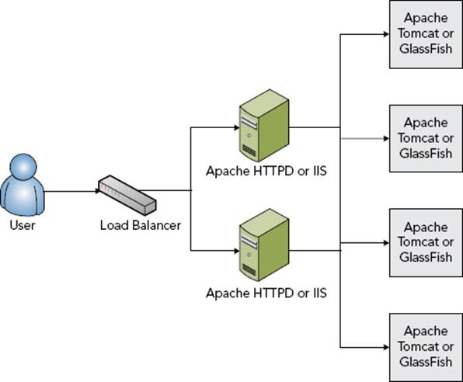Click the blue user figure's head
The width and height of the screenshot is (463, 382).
pyautogui.click(x=23, y=168)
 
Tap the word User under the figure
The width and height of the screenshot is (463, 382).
pyautogui.click(x=23, y=225)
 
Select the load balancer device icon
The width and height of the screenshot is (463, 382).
pyautogui.click(x=127, y=195)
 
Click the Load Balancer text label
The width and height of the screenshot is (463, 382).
pyautogui.click(x=141, y=225)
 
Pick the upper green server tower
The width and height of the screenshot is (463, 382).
pyautogui.click(x=264, y=126)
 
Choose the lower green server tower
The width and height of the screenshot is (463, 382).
pyautogui.click(x=264, y=245)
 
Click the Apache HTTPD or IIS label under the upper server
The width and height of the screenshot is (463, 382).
pyautogui.click(x=266, y=172)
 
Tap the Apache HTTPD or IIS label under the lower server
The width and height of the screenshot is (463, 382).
pyautogui.click(x=266, y=293)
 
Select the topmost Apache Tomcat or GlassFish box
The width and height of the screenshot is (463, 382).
pyautogui.click(x=426, y=34)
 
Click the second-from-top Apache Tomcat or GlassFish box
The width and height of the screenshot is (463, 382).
pyautogui.click(x=426, y=138)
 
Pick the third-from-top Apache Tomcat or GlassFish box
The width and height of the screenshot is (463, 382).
pyautogui.click(x=426, y=243)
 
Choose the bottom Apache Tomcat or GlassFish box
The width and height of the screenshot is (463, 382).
pyautogui.click(x=426, y=348)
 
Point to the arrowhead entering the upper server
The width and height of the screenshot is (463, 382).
pyautogui.click(x=236, y=127)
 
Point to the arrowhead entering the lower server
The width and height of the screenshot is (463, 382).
pyautogui.click(x=236, y=251)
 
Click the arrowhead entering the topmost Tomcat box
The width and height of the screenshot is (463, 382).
pyautogui.click(x=386, y=34)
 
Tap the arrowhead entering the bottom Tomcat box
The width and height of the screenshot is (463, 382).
pyautogui.click(x=386, y=348)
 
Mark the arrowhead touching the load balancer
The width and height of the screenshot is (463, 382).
pyautogui.click(x=98, y=191)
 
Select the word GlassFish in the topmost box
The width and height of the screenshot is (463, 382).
pyautogui.click(x=426, y=49)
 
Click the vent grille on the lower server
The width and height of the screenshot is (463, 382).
pyautogui.click(x=249, y=269)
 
